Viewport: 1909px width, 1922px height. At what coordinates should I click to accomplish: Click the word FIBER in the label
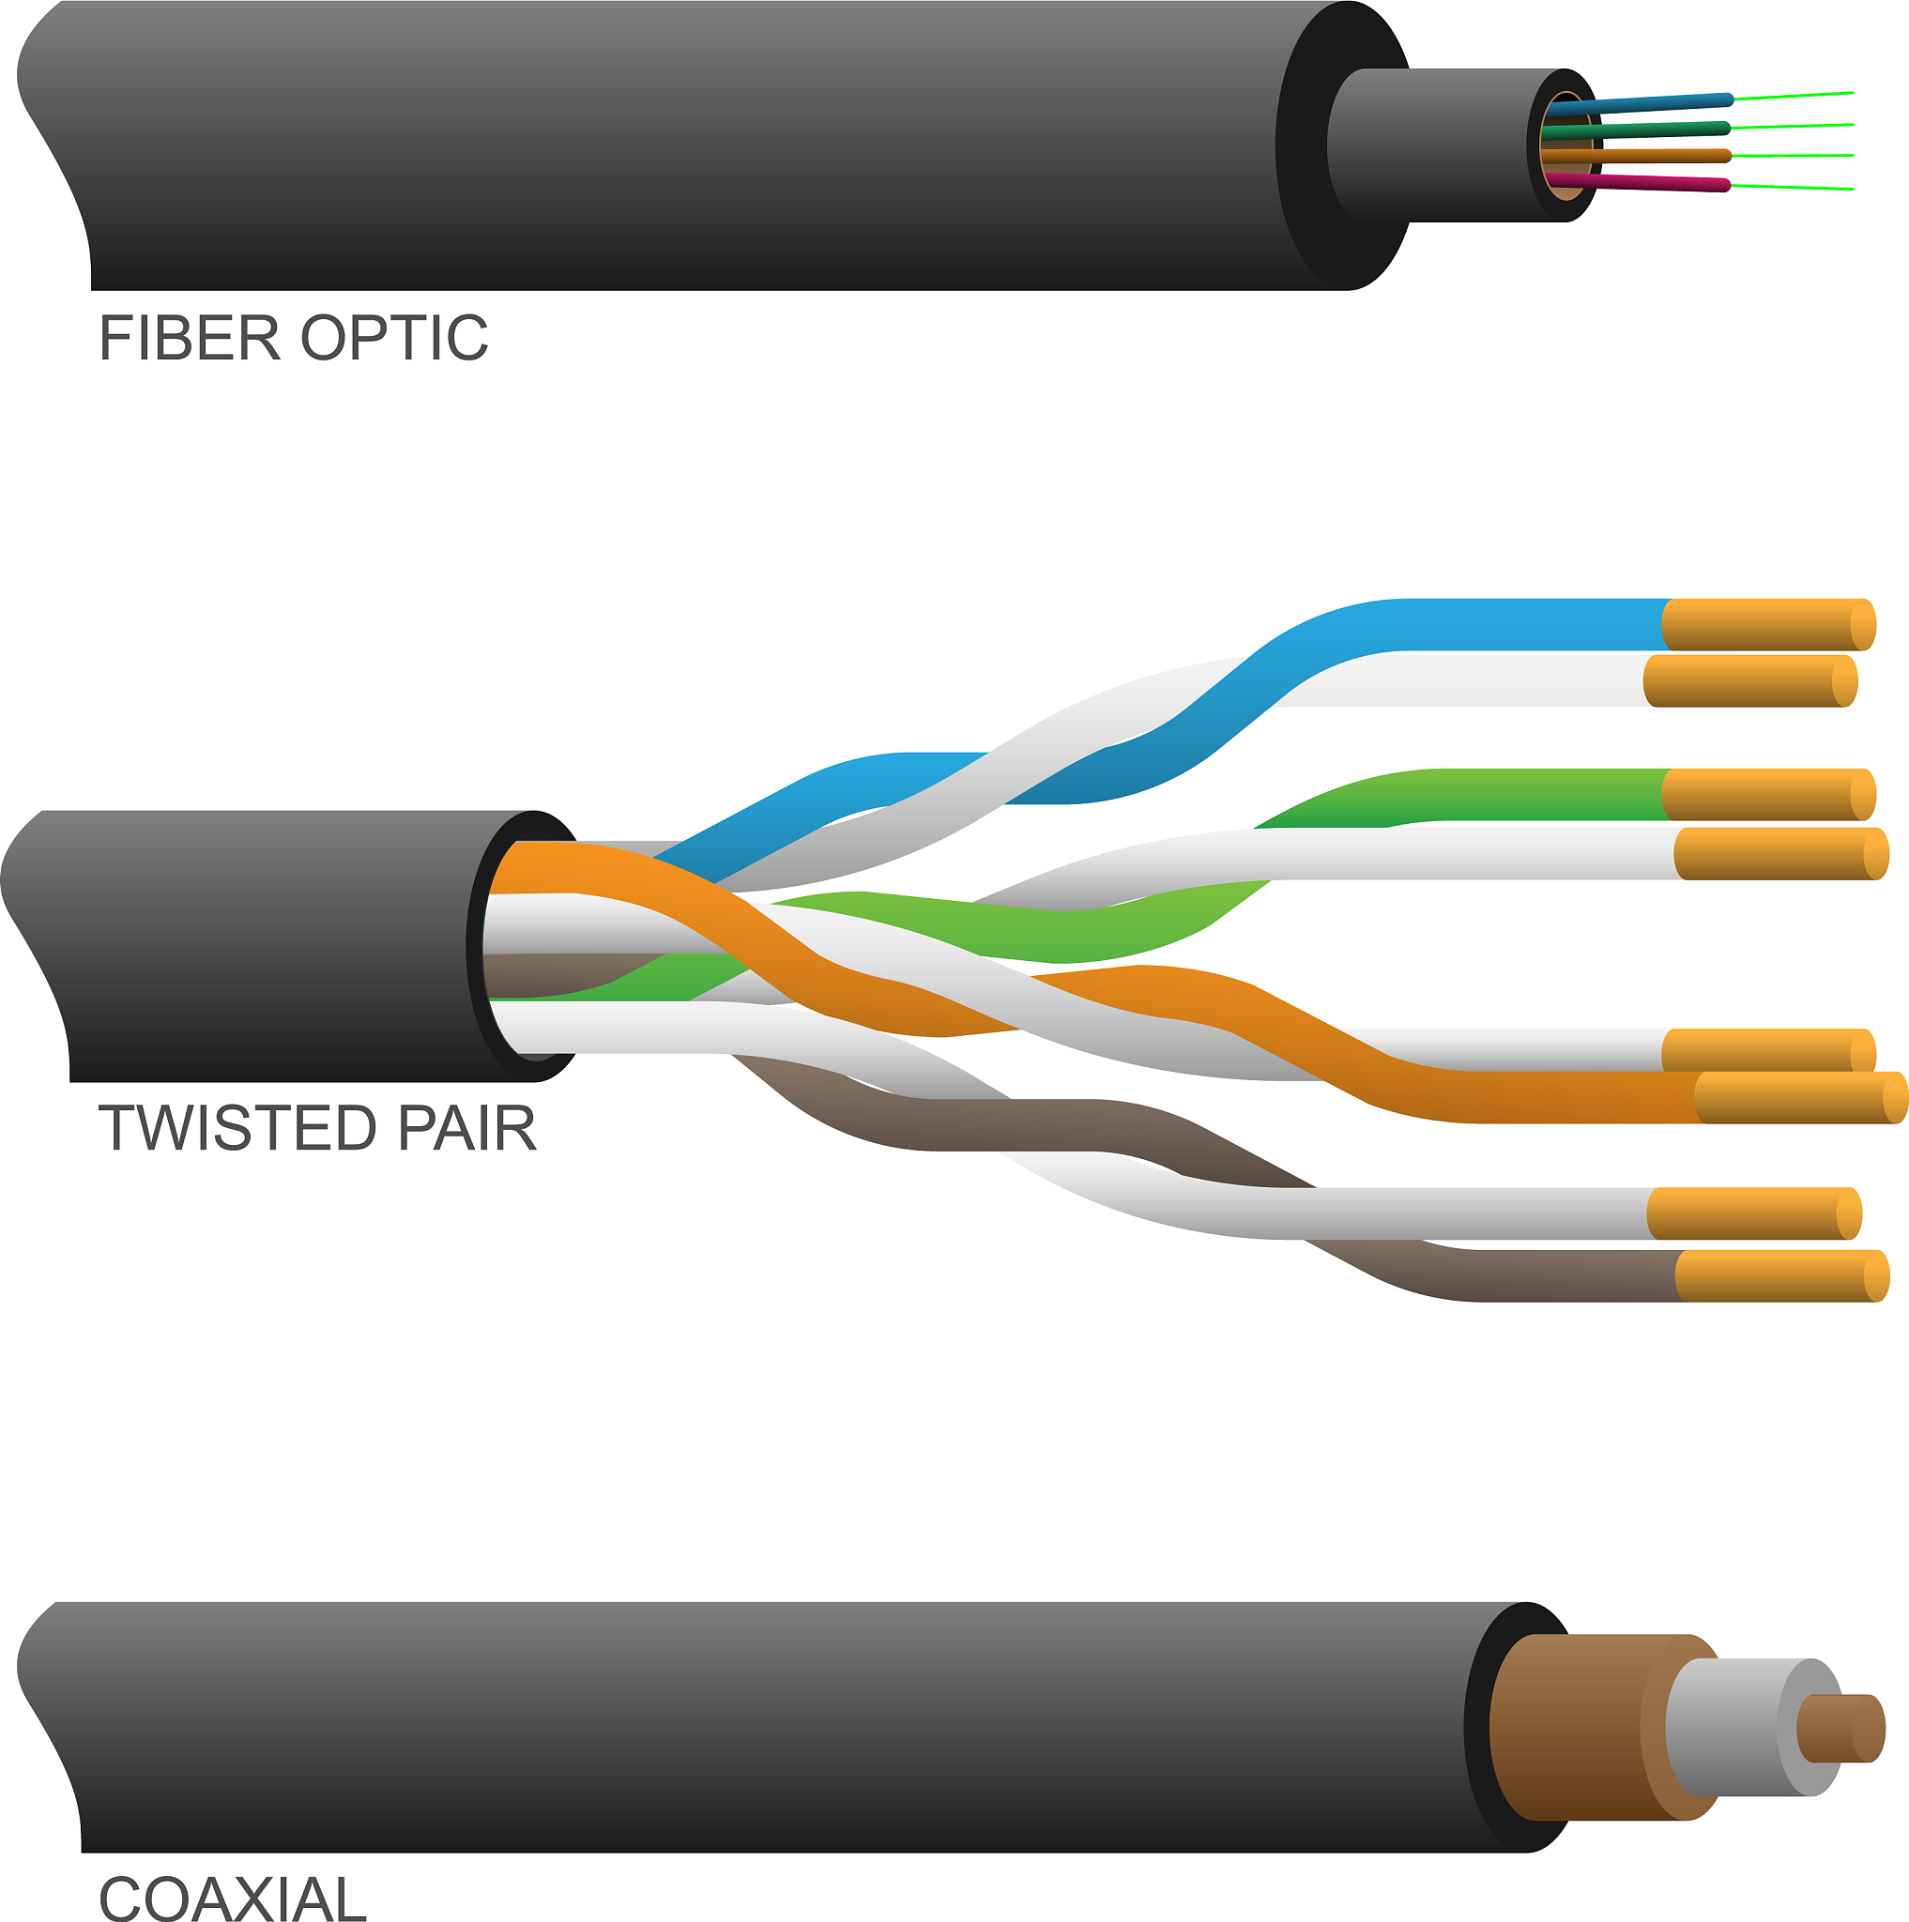coord(189,338)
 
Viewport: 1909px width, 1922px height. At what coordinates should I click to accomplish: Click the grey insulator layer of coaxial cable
coord(1731,1727)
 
